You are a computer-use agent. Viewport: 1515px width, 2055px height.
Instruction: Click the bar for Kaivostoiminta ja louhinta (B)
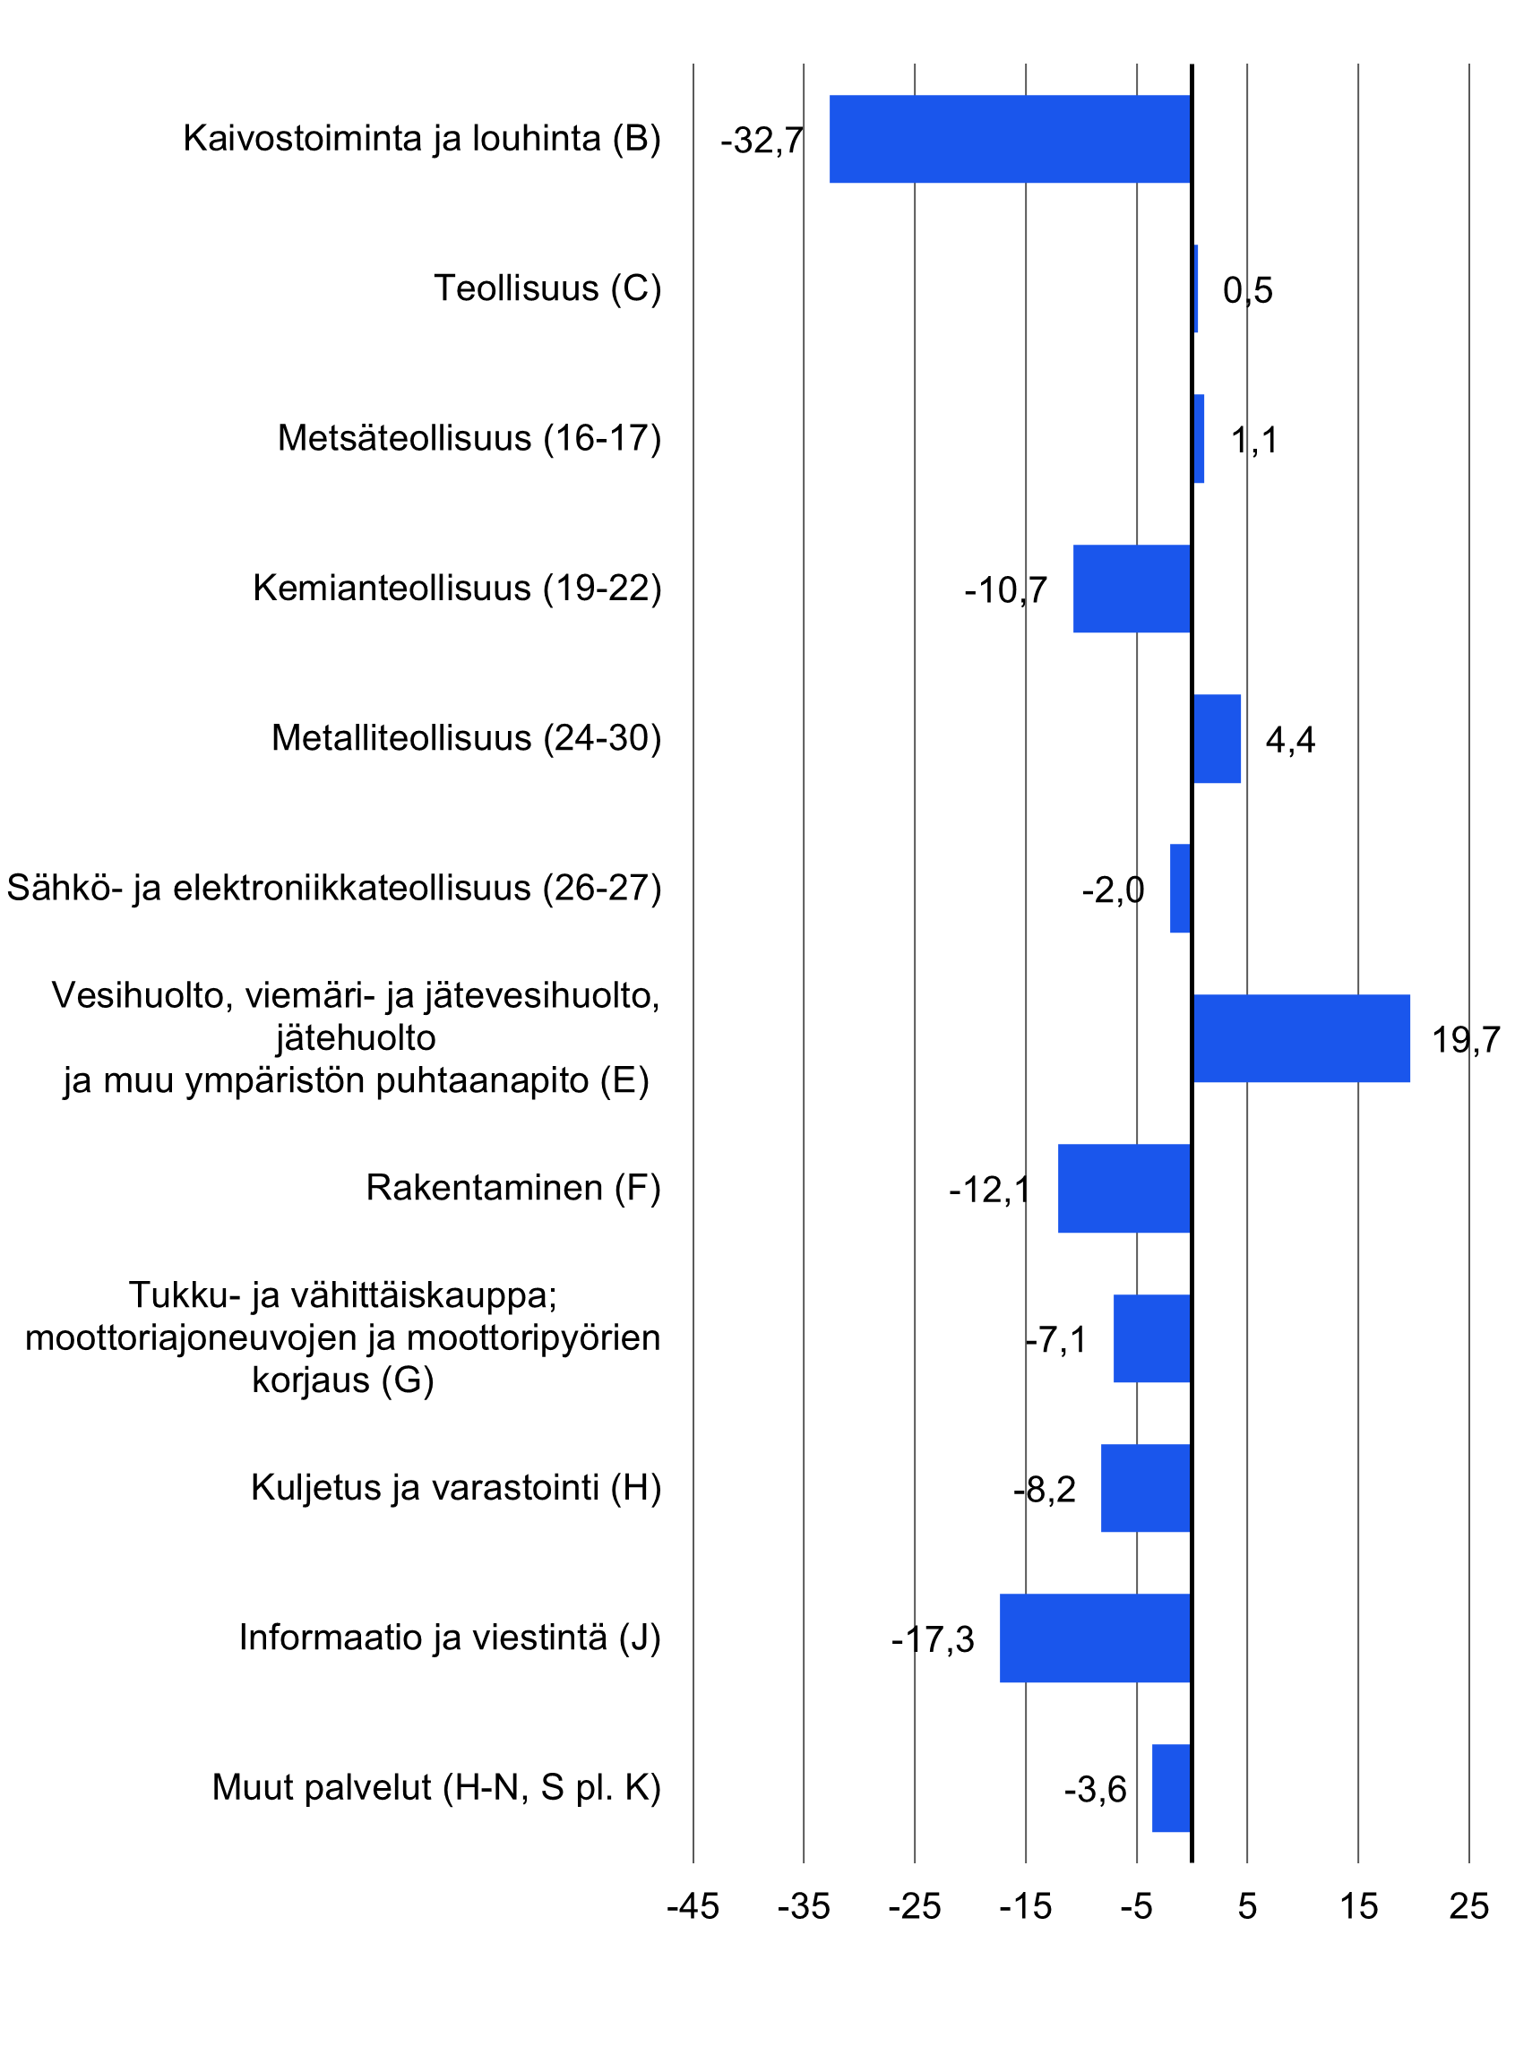(x=1009, y=139)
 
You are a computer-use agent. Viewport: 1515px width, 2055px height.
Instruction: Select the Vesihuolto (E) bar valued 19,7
(x=1300, y=1038)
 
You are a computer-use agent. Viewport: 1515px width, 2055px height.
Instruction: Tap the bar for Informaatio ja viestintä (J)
(x=1095, y=1638)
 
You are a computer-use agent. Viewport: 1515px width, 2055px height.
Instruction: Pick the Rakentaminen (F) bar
(x=1124, y=1188)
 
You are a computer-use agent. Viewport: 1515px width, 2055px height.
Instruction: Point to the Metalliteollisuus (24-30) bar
(x=1216, y=738)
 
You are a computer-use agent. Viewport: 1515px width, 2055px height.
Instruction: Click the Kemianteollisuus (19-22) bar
(x=1132, y=589)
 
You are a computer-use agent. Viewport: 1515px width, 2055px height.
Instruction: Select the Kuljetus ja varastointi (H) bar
(x=1145, y=1487)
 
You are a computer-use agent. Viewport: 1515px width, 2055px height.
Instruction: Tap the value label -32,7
(x=762, y=141)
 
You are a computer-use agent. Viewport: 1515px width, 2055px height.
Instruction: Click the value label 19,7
(x=1466, y=1040)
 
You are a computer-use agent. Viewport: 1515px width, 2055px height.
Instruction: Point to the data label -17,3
(x=932, y=1639)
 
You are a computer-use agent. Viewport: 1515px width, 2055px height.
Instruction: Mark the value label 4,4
(x=1289, y=740)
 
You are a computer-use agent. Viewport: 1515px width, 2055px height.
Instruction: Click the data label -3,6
(x=1094, y=1789)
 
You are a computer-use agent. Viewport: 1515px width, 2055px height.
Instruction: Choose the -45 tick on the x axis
(x=693, y=1906)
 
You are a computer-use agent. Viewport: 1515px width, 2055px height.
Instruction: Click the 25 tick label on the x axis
(x=1468, y=1906)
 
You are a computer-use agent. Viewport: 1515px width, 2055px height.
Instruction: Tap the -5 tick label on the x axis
(x=1135, y=1906)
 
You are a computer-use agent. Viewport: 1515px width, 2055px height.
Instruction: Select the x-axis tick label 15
(x=1358, y=1906)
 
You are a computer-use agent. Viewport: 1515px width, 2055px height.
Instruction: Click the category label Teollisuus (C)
(x=547, y=288)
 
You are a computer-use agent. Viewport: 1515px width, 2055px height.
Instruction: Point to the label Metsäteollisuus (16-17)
(x=469, y=438)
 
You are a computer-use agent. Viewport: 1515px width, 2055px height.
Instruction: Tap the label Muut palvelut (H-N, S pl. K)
(x=435, y=1787)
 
